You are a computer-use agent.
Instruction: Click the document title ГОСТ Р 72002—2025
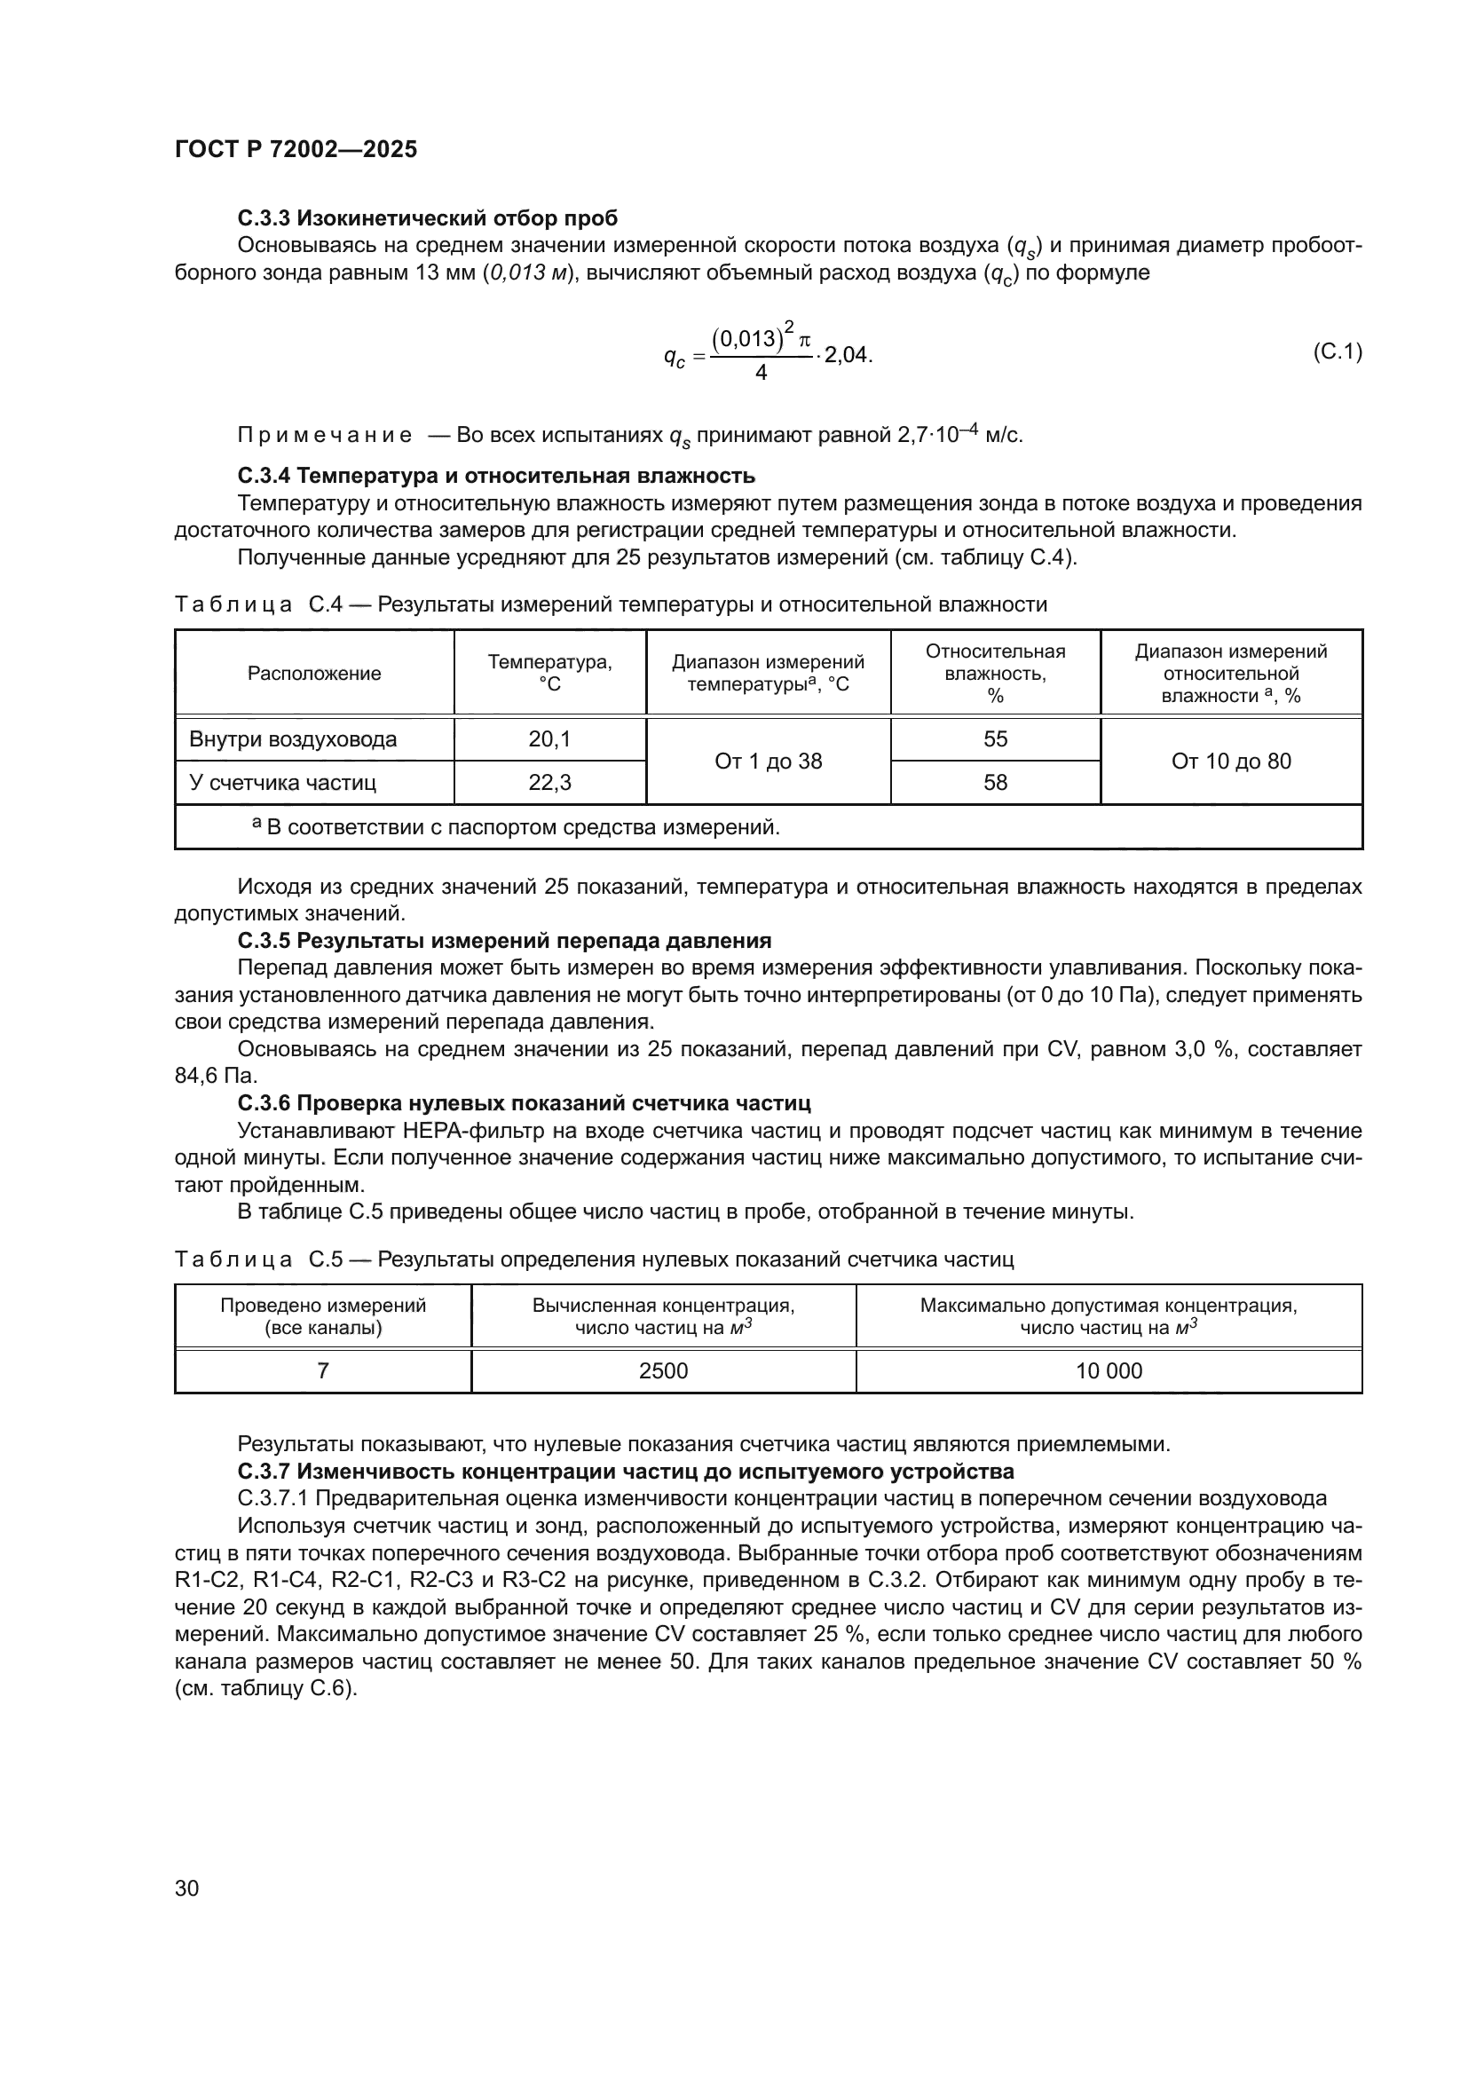pyautogui.click(x=296, y=150)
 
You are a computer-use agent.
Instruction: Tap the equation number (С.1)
pyautogui.click(x=1336, y=351)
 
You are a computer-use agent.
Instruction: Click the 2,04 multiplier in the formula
pyautogui.click(x=847, y=354)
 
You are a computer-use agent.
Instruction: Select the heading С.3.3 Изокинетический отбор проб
pyautogui.click(x=428, y=218)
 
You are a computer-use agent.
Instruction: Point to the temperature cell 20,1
pyautogui.click(x=549, y=739)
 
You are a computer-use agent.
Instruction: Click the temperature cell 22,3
pyautogui.click(x=549, y=782)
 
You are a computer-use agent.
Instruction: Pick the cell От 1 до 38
pyautogui.click(x=768, y=762)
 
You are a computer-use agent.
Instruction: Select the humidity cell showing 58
pyautogui.click(x=994, y=782)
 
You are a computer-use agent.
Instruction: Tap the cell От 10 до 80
pyautogui.click(x=1230, y=762)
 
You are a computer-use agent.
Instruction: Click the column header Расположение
pyautogui.click(x=313, y=674)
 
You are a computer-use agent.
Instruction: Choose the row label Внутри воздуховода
pyautogui.click(x=293, y=739)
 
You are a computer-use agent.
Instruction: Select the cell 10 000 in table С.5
pyautogui.click(x=1109, y=1370)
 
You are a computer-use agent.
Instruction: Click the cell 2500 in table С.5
pyautogui.click(x=663, y=1370)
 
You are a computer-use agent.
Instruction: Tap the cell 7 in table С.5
pyautogui.click(x=323, y=1370)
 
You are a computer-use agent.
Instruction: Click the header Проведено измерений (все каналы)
pyautogui.click(x=323, y=1316)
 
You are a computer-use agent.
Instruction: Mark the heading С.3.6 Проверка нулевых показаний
pyautogui.click(x=524, y=1103)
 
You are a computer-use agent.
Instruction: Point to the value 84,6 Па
pyautogui.click(x=215, y=1076)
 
